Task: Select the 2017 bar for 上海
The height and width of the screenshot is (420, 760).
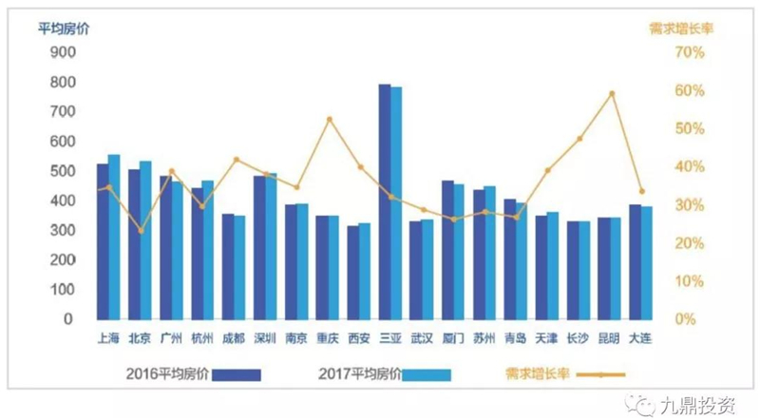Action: pyautogui.click(x=114, y=237)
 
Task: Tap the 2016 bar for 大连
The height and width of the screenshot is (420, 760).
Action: pyautogui.click(x=635, y=261)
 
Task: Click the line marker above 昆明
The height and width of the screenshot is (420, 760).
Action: pyautogui.click(x=613, y=93)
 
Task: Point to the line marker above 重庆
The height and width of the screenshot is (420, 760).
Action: pyautogui.click(x=330, y=120)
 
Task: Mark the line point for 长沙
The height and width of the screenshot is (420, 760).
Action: pyautogui.click(x=579, y=139)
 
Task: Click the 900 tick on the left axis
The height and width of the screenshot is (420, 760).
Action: pyautogui.click(x=60, y=53)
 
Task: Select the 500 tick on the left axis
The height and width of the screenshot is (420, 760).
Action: pyautogui.click(x=60, y=172)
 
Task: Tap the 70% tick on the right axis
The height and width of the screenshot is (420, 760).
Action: pyautogui.click(x=691, y=53)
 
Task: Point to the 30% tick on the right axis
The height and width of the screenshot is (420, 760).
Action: pyautogui.click(x=691, y=205)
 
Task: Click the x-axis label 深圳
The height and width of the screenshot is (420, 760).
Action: pyautogui.click(x=265, y=337)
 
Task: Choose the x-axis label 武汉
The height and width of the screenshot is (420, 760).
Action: pyautogui.click(x=421, y=337)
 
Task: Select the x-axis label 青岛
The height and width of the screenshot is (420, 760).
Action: pyautogui.click(x=516, y=337)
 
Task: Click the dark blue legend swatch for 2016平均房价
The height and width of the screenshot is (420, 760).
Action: pyautogui.click(x=236, y=375)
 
